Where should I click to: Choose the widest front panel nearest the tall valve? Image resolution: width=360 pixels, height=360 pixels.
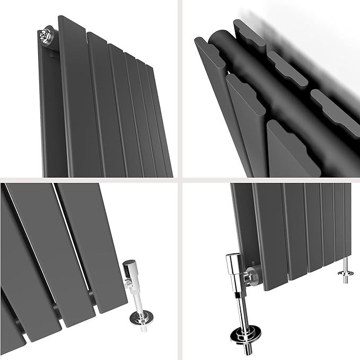tap(270, 233)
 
